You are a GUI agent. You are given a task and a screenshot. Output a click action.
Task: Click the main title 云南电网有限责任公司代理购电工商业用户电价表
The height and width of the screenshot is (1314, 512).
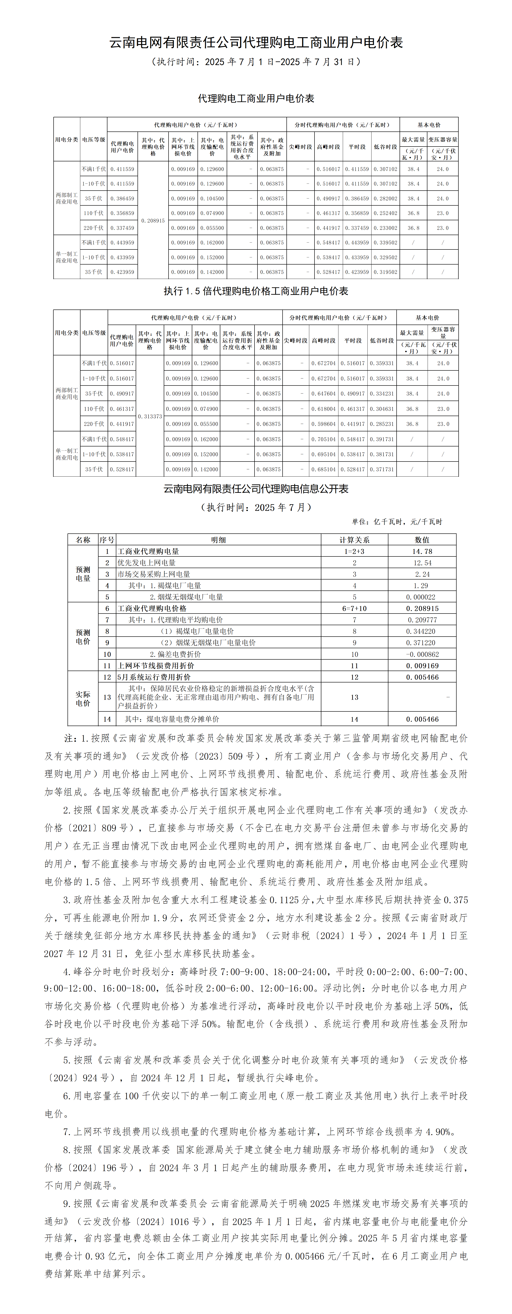point(256,42)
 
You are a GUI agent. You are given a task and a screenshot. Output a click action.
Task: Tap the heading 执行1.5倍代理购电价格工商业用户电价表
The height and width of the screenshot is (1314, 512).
point(256,291)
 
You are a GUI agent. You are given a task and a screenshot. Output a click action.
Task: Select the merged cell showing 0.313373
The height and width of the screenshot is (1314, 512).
point(150,416)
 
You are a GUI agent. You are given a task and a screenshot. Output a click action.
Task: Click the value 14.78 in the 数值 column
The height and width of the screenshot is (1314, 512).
point(422,551)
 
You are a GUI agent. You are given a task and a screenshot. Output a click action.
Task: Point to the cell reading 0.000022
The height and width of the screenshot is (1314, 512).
point(422,597)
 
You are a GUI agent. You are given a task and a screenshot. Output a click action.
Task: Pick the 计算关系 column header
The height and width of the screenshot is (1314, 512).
point(355,540)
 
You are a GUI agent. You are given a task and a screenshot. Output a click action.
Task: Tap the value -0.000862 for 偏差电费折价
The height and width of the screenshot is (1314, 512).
point(422,654)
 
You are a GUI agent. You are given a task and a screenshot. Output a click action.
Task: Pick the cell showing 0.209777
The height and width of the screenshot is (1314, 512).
point(422,620)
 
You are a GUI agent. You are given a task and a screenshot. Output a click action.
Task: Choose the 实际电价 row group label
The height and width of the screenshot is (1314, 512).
point(83,698)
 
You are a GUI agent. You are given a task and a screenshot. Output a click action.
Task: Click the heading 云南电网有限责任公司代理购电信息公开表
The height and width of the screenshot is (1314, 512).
point(256,489)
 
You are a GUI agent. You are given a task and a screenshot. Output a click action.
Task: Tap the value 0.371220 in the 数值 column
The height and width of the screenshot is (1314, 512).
point(422,643)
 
